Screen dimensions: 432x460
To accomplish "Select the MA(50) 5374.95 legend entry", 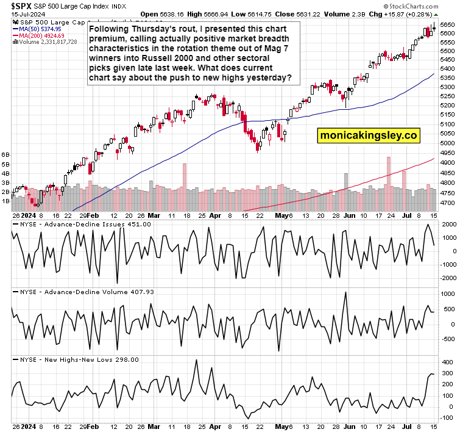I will click(x=41, y=29).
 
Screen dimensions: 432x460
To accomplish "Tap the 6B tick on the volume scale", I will click(x=6, y=154).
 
